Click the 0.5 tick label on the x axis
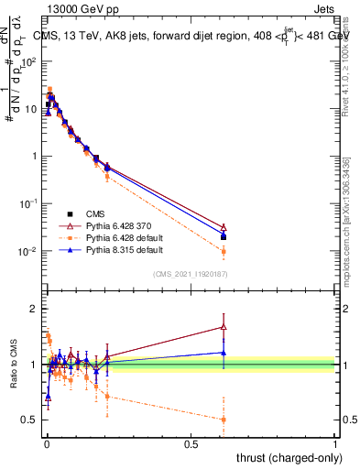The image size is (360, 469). coord(191,443)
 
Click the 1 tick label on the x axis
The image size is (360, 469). coord(335,443)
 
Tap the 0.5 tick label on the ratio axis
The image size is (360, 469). coord(29,420)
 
